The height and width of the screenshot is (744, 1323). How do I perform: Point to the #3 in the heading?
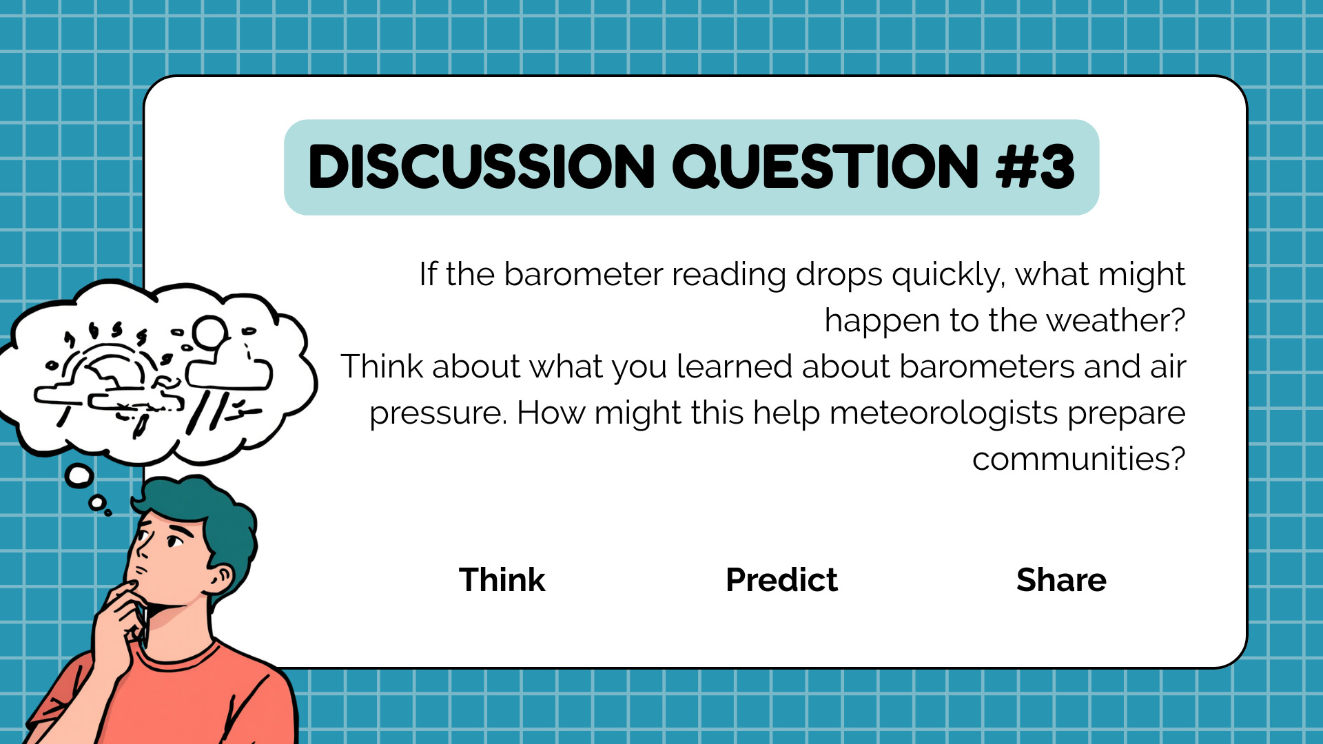pyautogui.click(x=1036, y=167)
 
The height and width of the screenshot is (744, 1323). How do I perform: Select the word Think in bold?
pyautogui.click(x=502, y=579)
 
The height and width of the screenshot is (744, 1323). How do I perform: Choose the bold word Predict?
pyautogui.click(x=782, y=579)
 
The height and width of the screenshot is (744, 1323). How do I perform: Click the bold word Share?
pyautogui.click(x=1061, y=579)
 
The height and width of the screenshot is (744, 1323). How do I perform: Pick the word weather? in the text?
pyautogui.click(x=1116, y=320)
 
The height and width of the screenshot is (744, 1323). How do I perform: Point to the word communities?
pyautogui.click(x=1079, y=459)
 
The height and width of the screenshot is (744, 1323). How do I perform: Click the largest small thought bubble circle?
pyautogui.click(x=79, y=476)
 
